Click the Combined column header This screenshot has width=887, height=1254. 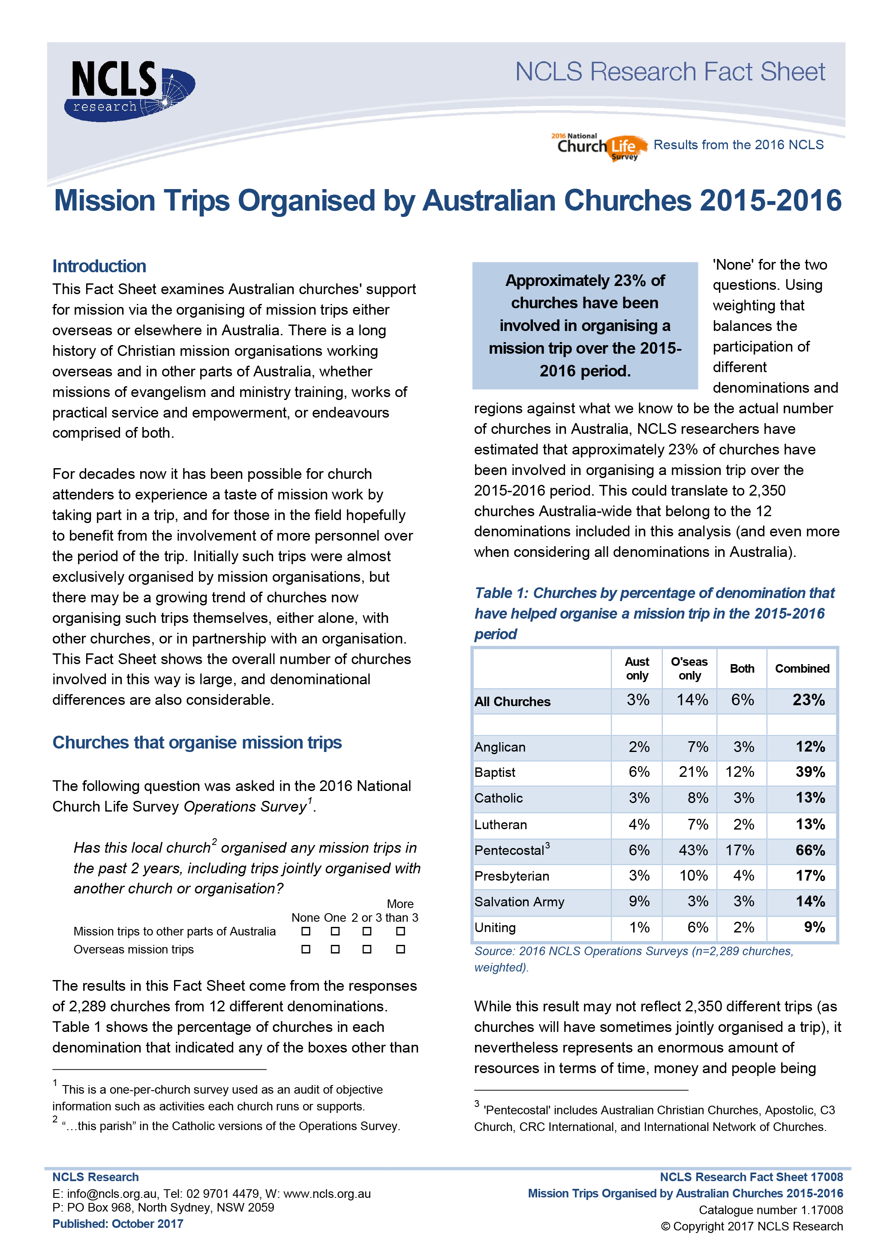click(x=802, y=668)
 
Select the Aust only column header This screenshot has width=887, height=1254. click(x=637, y=668)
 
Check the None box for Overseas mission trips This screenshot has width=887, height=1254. click(x=306, y=949)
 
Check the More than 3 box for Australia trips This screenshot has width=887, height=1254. click(x=400, y=931)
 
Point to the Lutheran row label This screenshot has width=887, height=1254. click(x=500, y=825)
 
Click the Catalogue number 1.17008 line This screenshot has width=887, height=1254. click(x=771, y=1210)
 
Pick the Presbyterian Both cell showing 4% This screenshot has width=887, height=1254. click(x=743, y=876)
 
